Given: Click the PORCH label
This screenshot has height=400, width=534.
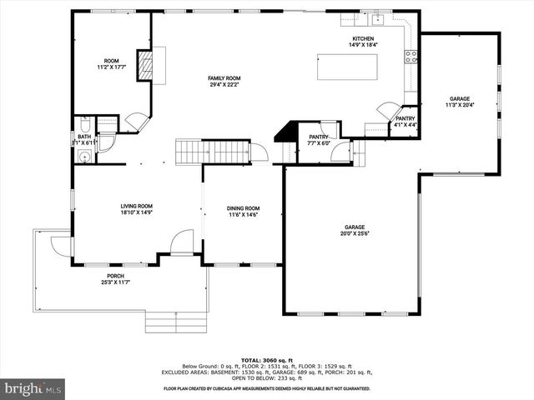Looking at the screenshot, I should (115, 278).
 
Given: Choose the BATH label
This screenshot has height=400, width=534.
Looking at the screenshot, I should (84, 139).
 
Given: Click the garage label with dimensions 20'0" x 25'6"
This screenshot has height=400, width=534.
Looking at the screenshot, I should (355, 229).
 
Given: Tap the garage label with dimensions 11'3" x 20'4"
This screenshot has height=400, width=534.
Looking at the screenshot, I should (460, 102).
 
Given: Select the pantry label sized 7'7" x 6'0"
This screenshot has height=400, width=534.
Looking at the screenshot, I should (319, 139).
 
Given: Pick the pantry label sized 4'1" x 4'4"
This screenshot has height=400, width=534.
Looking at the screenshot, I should (405, 122).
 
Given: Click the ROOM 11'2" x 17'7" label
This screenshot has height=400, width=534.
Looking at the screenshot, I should (111, 63).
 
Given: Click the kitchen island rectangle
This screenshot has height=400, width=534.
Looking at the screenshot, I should (346, 67).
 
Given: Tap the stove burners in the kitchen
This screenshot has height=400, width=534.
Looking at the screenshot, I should (411, 57).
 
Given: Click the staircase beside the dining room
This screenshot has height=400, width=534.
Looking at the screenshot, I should (212, 152).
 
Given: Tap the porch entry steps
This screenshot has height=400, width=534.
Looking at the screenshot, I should (176, 321).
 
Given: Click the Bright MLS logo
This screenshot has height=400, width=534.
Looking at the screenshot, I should (33, 388).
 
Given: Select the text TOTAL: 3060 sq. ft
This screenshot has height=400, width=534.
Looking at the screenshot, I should (267, 360).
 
